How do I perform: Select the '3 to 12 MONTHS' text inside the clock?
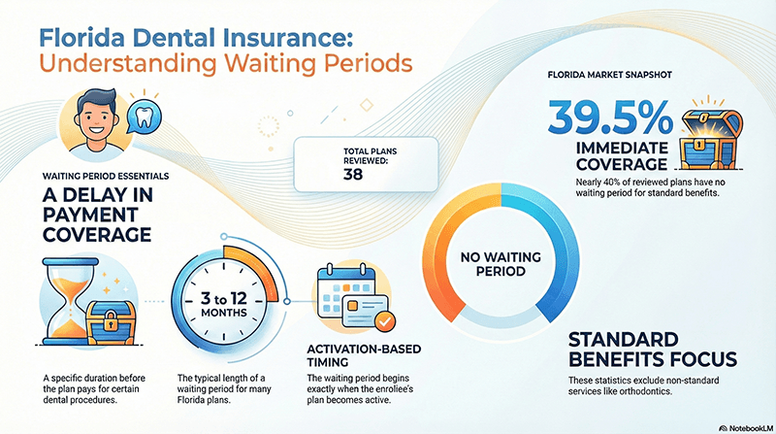[225, 301]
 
